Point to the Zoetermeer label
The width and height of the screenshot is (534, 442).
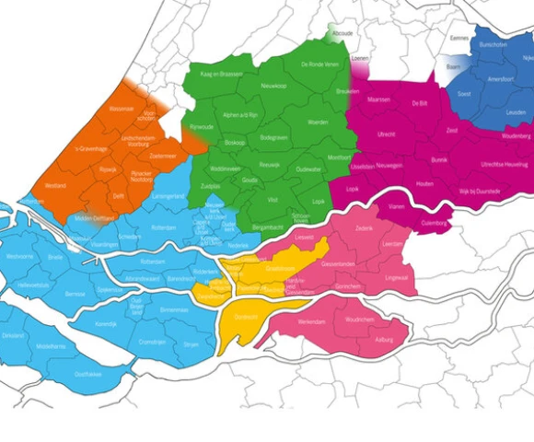(163, 157)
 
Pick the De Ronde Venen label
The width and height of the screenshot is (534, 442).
(320, 64)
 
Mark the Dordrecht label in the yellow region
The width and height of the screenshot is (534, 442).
(247, 316)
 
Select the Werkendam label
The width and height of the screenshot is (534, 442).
(312, 322)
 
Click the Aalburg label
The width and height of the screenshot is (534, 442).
(384, 341)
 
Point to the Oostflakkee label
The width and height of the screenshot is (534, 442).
(88, 374)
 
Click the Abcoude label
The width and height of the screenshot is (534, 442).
(342, 33)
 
